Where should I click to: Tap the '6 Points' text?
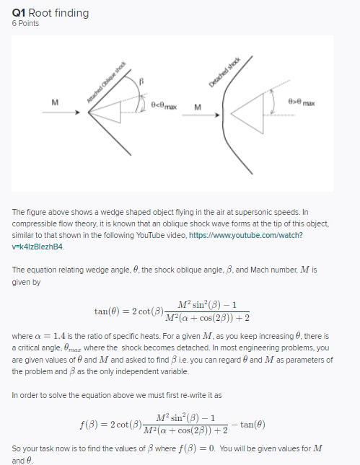pyautogui.click(x=26, y=23)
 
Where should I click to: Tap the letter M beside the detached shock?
pyautogui.click(x=198, y=109)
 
